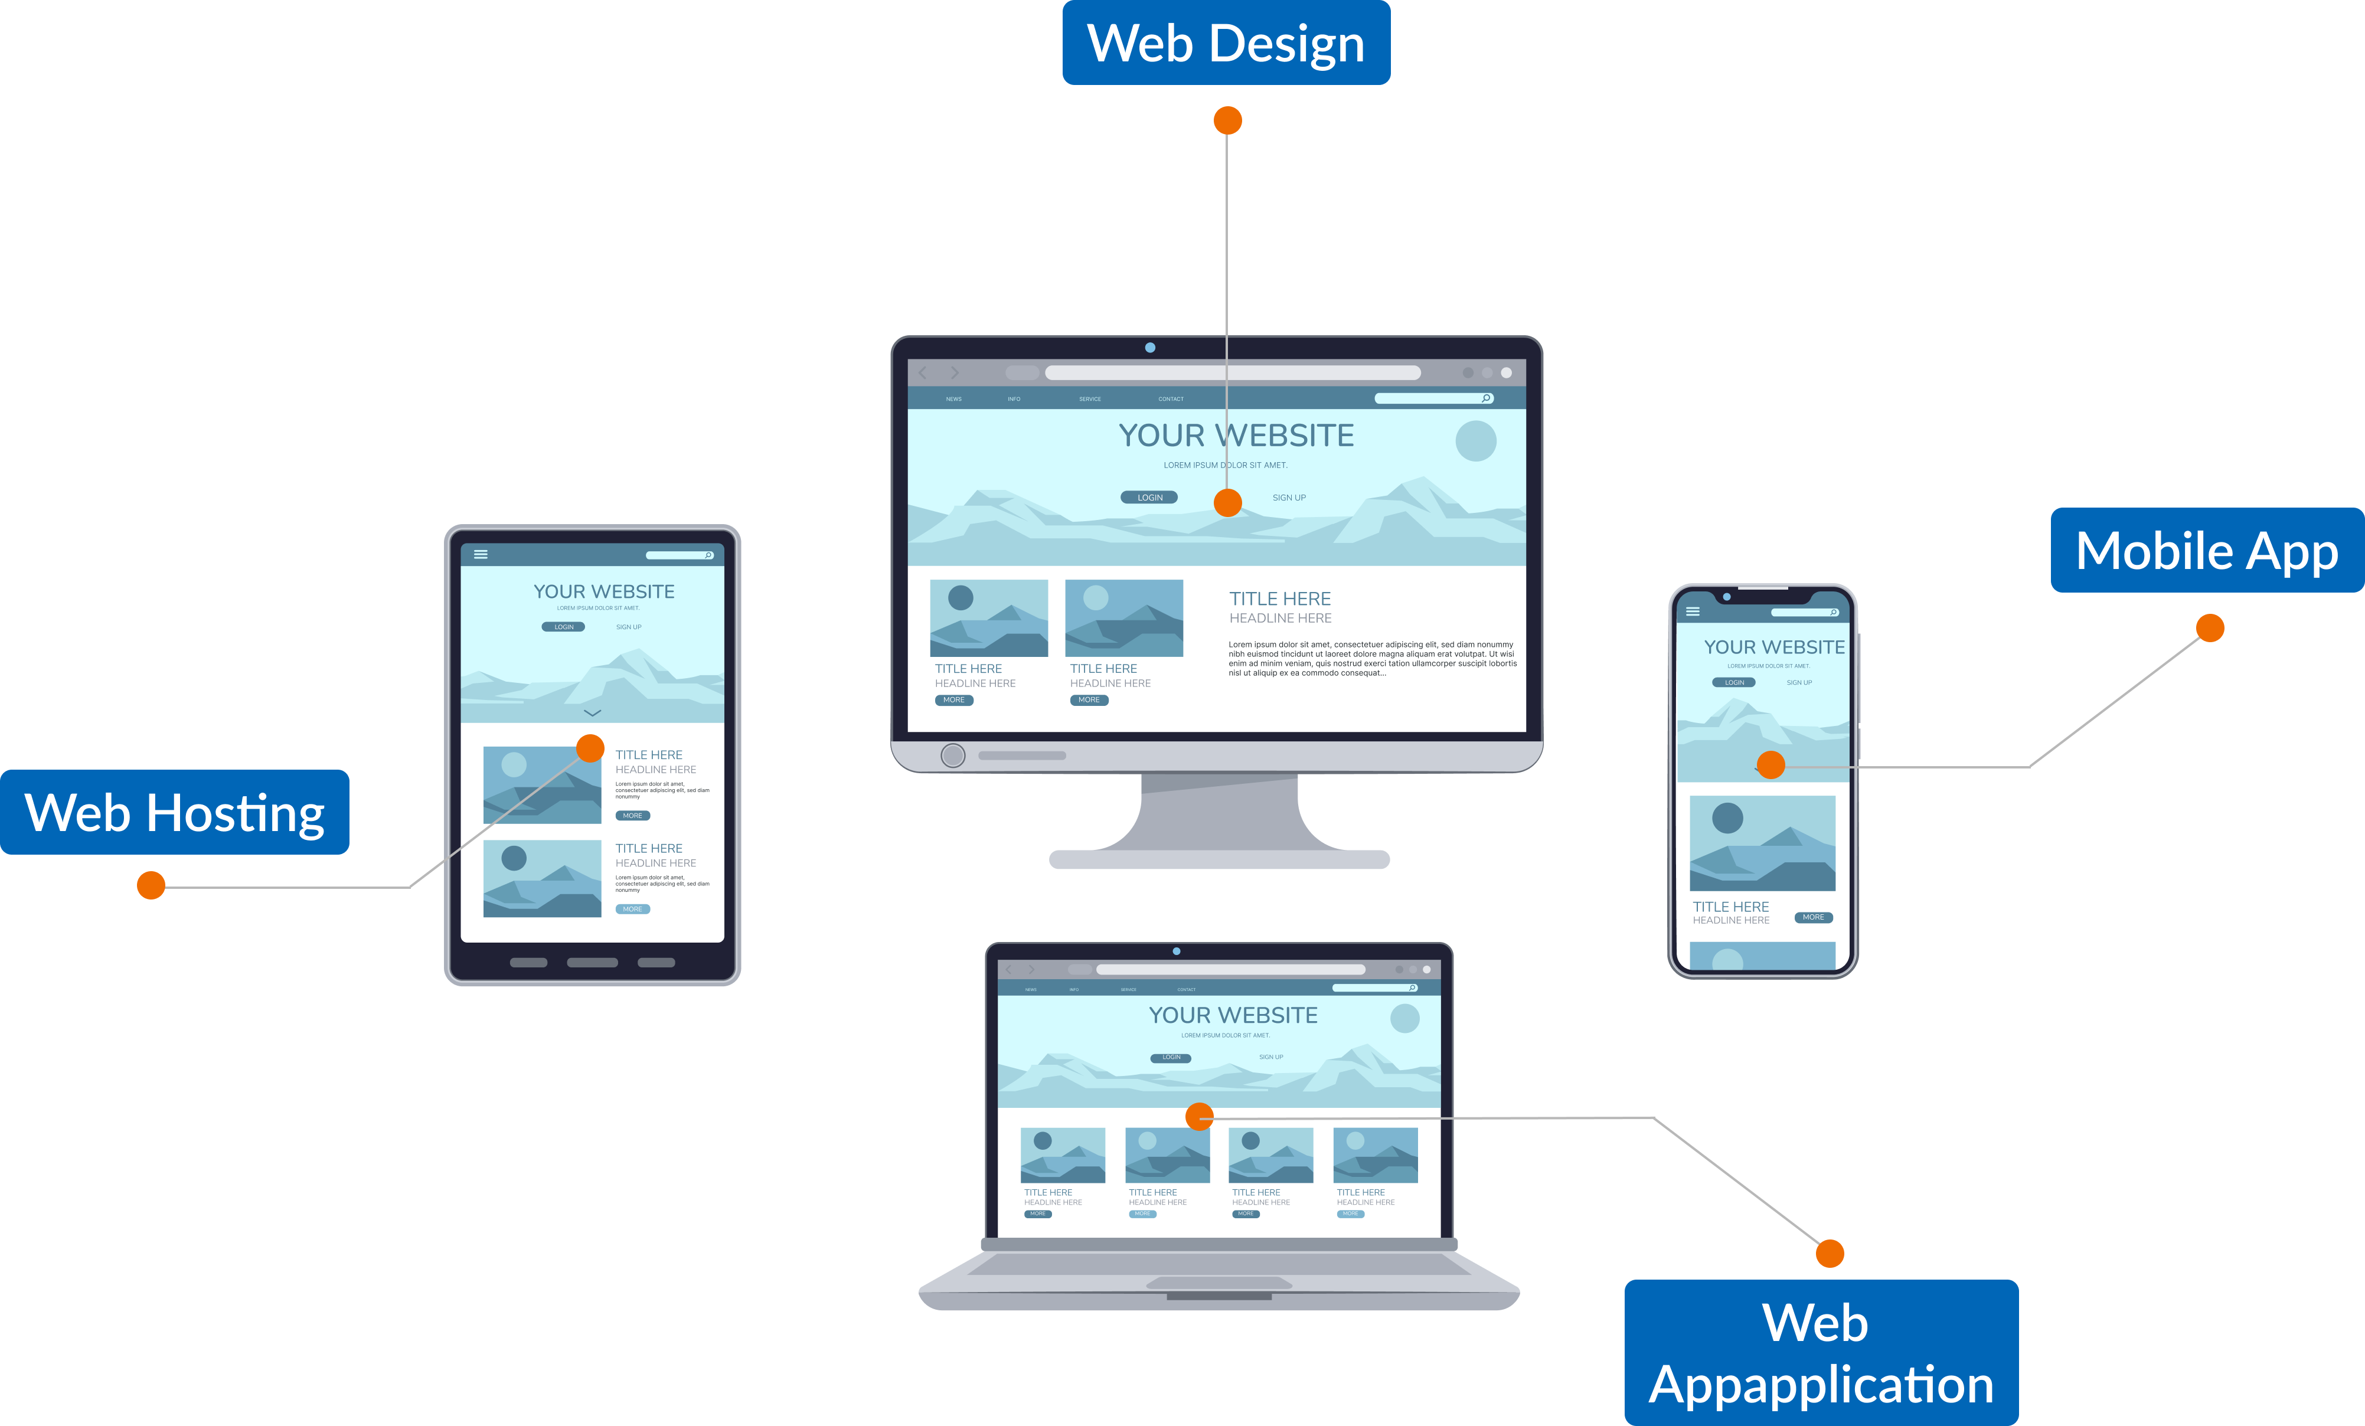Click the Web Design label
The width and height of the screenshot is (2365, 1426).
[1226, 43]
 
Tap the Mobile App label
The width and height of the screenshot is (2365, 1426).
[2207, 551]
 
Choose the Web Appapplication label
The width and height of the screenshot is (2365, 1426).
[1821, 1353]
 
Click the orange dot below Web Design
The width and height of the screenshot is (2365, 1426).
[1227, 121]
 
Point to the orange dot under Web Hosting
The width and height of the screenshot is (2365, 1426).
[151, 885]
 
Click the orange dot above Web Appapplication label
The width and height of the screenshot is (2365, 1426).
[1830, 1253]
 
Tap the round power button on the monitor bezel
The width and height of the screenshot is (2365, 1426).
[953, 755]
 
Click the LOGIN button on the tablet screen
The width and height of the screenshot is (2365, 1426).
[563, 627]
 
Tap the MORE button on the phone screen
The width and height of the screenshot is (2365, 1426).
[1813, 917]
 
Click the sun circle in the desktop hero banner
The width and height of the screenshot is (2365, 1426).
[1475, 440]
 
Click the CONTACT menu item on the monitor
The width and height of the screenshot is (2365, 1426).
[1170, 399]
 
